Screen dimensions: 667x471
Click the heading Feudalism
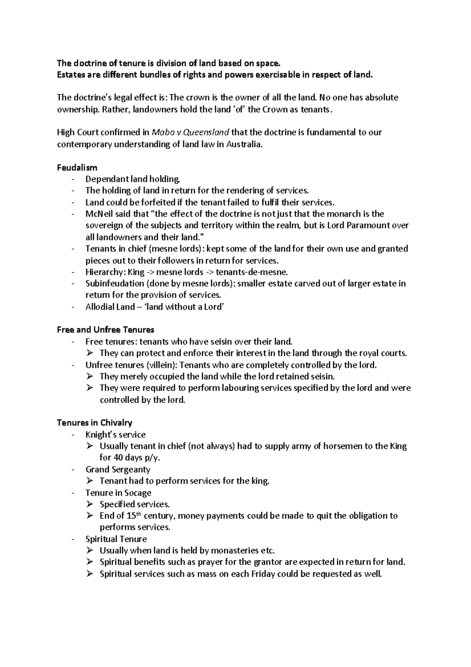[x=77, y=167]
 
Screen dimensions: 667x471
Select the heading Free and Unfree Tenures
[x=106, y=330]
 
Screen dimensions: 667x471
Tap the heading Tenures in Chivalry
[x=94, y=423]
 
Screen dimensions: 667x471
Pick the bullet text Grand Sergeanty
[x=118, y=469]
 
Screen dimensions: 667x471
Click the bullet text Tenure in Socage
[x=118, y=493]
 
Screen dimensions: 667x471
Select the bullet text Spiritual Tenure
[x=116, y=539]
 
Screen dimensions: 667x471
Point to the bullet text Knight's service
[x=115, y=434]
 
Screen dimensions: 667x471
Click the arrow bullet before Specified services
[x=90, y=504]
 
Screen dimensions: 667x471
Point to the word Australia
[x=243, y=144]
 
